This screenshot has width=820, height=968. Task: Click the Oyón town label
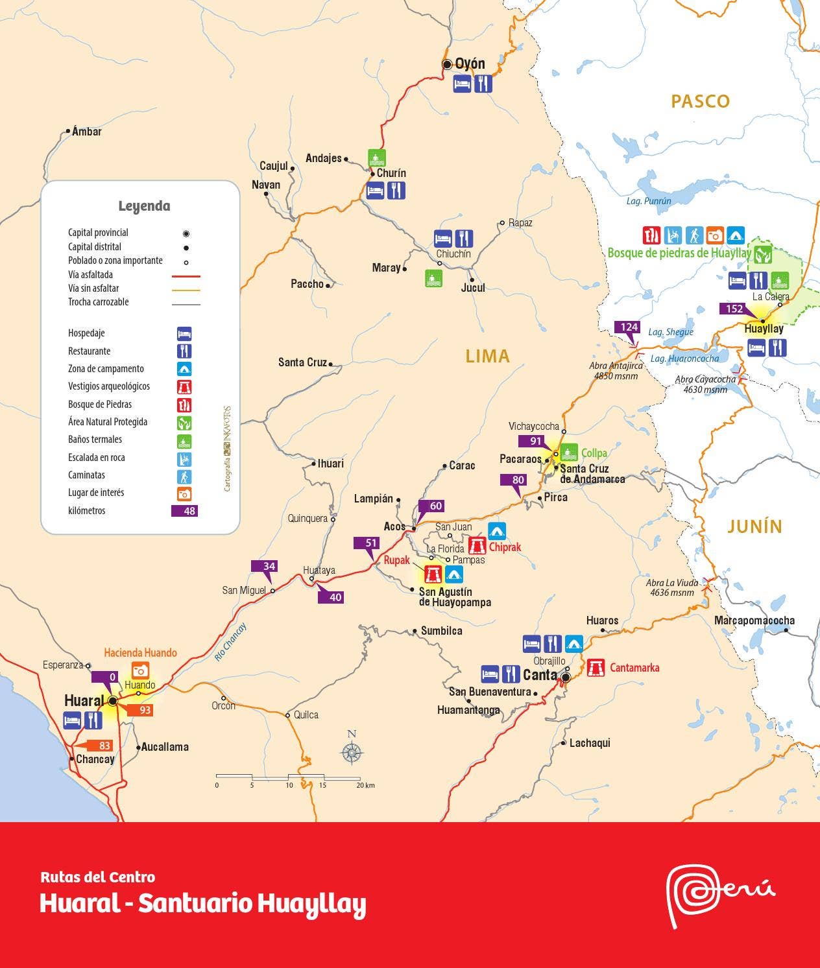coord(470,64)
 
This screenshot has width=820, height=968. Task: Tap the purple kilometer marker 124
coord(629,327)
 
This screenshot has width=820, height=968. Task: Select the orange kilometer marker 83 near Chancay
coord(104,746)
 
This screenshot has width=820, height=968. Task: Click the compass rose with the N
coord(352,752)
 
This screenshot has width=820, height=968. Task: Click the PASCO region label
coord(700,101)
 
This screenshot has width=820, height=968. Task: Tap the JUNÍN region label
coord(754,526)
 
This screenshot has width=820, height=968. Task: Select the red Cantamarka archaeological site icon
coord(596,667)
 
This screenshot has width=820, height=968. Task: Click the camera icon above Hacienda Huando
coord(140,670)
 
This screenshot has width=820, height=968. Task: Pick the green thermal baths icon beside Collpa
coord(569,452)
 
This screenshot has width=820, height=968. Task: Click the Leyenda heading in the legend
coord(144,206)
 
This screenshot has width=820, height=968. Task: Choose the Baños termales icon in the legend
coord(185,440)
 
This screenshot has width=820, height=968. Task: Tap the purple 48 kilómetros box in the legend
coord(184,511)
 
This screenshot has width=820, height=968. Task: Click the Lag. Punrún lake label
coord(649,201)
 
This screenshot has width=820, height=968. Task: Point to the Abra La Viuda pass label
coord(672,587)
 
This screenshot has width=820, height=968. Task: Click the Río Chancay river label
coord(230,642)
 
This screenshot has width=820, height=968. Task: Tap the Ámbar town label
coord(87,132)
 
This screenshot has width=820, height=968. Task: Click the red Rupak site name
coord(396,560)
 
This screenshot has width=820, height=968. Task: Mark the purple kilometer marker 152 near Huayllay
coord(734,309)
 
